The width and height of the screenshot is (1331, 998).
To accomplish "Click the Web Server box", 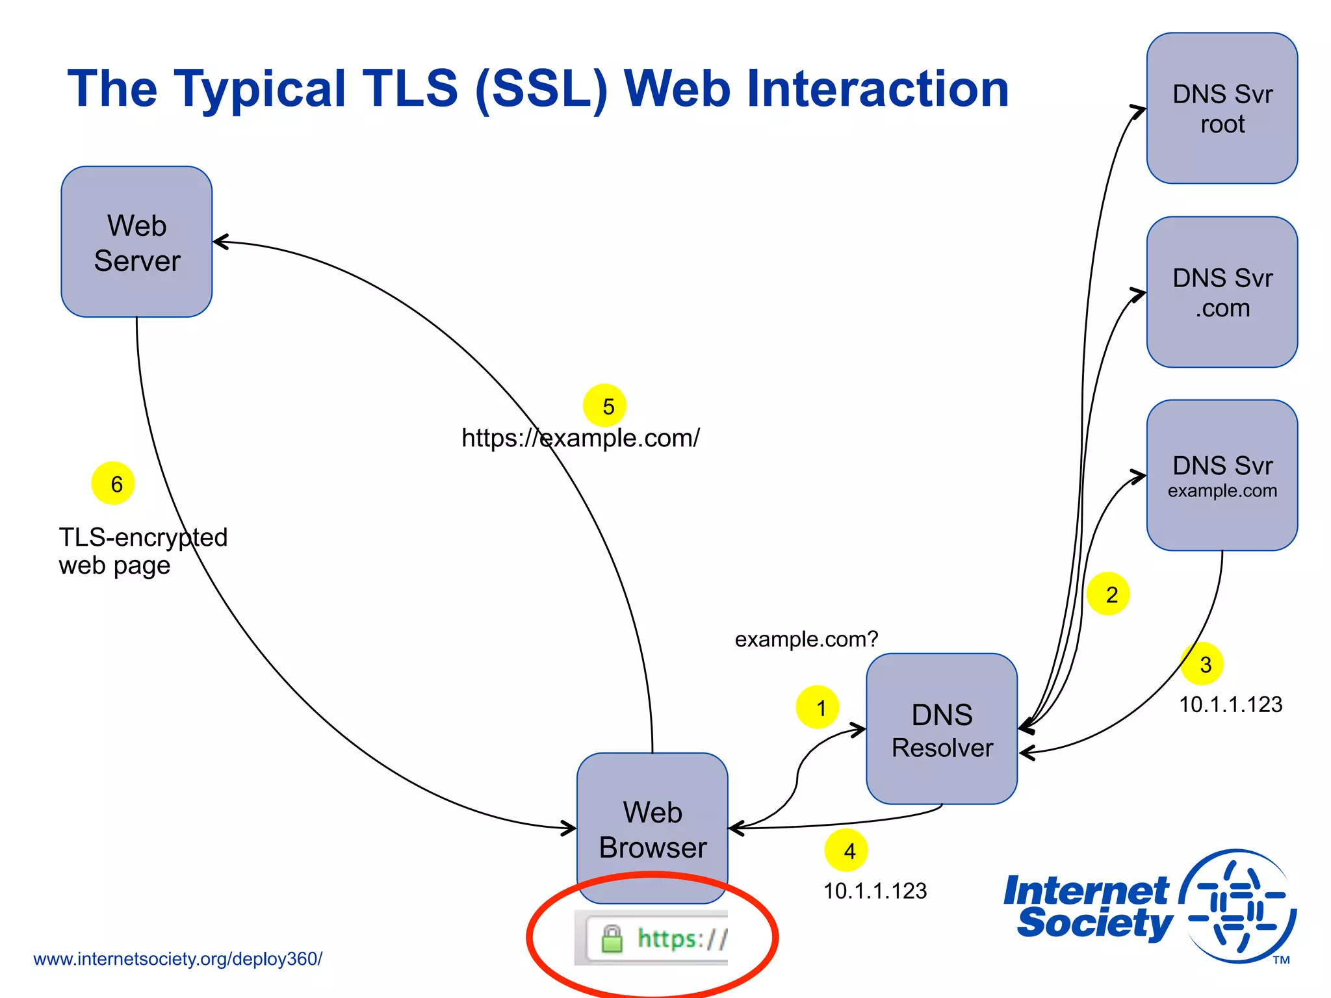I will tap(136, 242).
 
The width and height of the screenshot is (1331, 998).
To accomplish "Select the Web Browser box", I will tap(652, 828).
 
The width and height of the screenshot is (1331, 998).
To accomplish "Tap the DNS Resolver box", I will tap(942, 729).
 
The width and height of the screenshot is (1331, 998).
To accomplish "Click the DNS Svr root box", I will tap(1222, 109).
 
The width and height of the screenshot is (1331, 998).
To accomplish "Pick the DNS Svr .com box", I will tap(1222, 292).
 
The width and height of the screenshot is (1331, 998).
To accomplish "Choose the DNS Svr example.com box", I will tap(1222, 476).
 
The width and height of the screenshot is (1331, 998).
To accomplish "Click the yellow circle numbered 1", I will tap(818, 707).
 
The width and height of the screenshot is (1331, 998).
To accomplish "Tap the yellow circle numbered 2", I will tap(1108, 594).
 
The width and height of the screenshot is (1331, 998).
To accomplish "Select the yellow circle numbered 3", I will tap(1202, 664).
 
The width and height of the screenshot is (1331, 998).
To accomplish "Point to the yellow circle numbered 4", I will tap(846, 851).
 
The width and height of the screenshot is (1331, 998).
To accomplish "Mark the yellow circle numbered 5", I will tap(604, 405).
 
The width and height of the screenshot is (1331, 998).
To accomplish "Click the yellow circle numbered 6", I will tap(113, 483).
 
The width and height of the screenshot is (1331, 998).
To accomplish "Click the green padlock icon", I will tap(612, 940).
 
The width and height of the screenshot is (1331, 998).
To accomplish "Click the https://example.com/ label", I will tap(580, 438).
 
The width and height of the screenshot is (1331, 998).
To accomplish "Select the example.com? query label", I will tap(806, 639).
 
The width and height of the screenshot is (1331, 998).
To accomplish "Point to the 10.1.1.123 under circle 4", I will tap(875, 891).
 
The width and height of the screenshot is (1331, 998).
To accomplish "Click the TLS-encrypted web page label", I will tap(142, 551).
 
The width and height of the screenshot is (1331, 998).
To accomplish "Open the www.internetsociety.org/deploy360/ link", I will tap(177, 959).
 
